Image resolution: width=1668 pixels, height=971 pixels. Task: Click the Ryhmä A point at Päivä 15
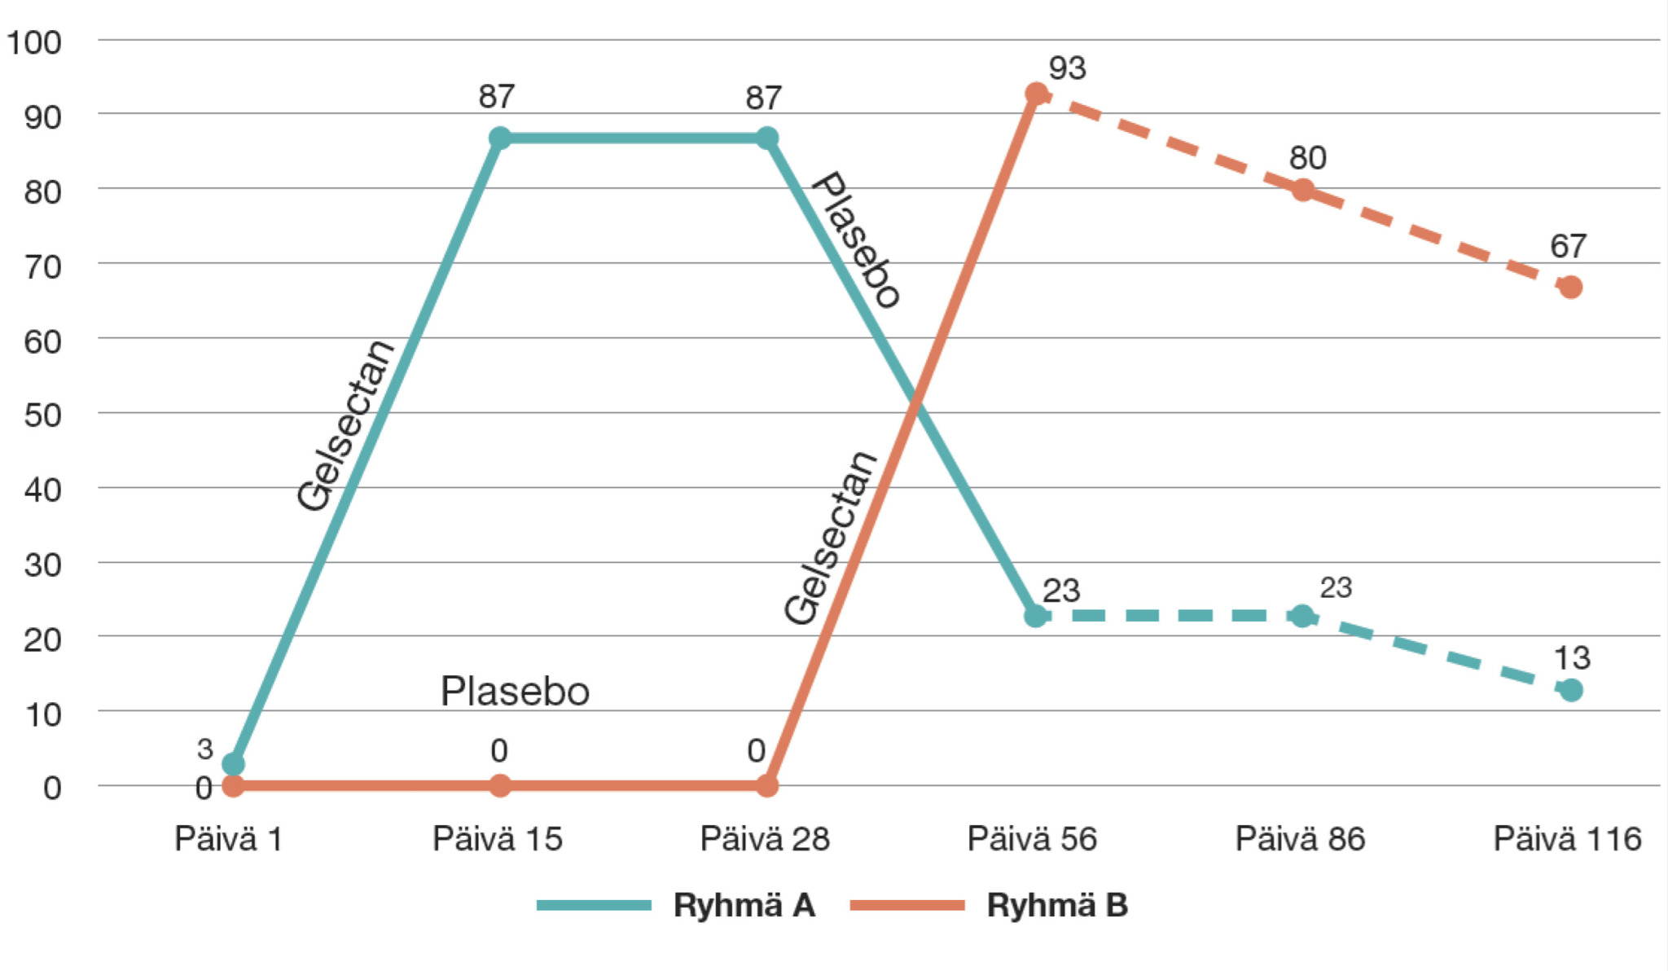500,138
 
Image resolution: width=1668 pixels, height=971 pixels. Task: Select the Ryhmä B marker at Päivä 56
1035,94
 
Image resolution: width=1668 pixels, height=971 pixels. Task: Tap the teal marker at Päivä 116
1570,690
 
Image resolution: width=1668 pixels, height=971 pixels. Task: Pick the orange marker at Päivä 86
1303,190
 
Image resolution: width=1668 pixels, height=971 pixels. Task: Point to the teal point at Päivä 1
233,764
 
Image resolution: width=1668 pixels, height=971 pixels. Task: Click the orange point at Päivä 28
766,785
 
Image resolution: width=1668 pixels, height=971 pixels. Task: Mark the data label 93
1067,68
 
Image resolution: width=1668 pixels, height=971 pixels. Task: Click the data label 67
1568,246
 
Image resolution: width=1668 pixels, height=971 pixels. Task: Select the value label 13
1572,658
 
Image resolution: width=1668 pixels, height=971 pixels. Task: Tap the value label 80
1307,158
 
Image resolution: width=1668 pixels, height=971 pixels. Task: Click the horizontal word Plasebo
515,692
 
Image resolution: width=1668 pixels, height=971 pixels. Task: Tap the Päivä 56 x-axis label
1032,839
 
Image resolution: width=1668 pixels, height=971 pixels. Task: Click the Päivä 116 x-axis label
1567,839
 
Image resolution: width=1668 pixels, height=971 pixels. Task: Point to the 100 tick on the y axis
34,42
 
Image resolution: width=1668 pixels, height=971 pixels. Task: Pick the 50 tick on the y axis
42,415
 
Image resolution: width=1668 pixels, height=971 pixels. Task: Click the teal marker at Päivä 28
766,138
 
